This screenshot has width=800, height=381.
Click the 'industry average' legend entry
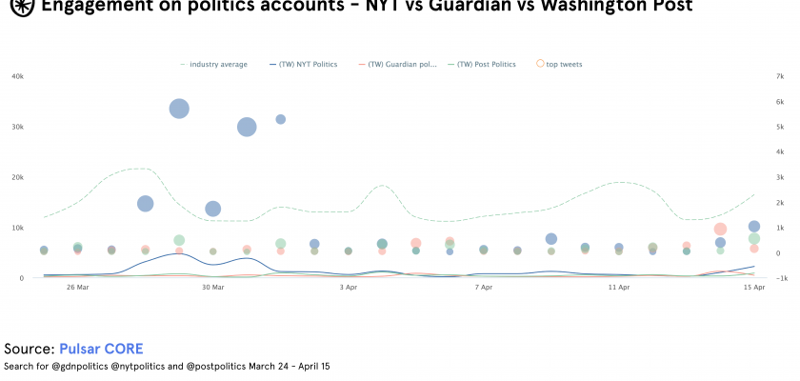pyautogui.click(x=218, y=65)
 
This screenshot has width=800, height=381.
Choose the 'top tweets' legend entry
pyautogui.click(x=564, y=65)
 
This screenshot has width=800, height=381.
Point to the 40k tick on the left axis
pyautogui.click(x=17, y=76)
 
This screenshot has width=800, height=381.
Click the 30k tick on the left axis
pyautogui.click(x=17, y=127)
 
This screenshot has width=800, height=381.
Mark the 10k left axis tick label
pyautogui.click(x=17, y=228)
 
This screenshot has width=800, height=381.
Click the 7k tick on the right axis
pyautogui.click(x=779, y=76)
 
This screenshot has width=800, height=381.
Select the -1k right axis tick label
pyautogui.click(x=777, y=278)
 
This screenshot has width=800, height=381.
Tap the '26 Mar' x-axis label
pyautogui.click(x=77, y=288)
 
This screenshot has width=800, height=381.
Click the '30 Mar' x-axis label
pyautogui.click(x=212, y=288)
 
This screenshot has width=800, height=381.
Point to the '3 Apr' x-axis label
pyautogui.click(x=348, y=288)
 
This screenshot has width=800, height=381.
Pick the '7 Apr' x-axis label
pyautogui.click(x=483, y=288)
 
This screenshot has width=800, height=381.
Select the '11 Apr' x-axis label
pyautogui.click(x=619, y=288)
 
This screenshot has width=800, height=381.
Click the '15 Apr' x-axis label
pyautogui.click(x=753, y=288)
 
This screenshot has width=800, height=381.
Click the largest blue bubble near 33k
pyautogui.click(x=178, y=109)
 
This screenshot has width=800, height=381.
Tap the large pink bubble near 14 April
pyautogui.click(x=720, y=229)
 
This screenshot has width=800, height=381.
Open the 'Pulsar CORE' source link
pyautogui.click(x=101, y=349)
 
